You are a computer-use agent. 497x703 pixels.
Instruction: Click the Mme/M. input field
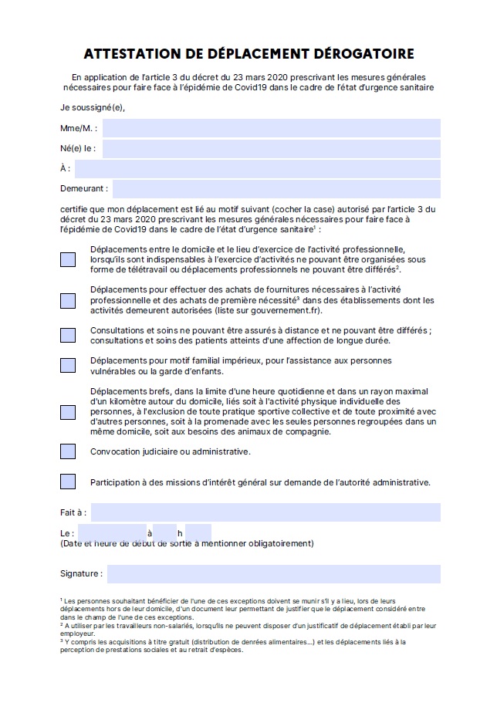(x=271, y=128)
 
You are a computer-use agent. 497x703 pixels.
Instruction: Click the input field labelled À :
(x=258, y=168)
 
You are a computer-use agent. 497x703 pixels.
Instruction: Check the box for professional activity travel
(x=68, y=259)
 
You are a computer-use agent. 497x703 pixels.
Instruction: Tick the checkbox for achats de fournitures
(x=68, y=300)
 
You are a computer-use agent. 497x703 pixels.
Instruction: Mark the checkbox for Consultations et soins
(x=68, y=335)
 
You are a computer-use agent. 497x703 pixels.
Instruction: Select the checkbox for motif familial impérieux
(x=68, y=365)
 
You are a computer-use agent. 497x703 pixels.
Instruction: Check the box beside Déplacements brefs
(x=68, y=411)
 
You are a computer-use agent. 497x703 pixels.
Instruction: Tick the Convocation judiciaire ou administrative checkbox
(x=68, y=451)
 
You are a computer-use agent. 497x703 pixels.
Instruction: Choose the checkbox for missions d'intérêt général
(x=68, y=482)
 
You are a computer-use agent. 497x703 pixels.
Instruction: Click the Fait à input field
(x=265, y=512)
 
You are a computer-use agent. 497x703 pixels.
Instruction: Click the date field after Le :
(x=112, y=532)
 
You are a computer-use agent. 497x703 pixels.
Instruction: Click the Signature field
(x=273, y=574)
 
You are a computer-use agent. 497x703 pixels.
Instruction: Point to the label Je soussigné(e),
(x=93, y=107)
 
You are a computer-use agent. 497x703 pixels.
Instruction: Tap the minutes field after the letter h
(x=198, y=532)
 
